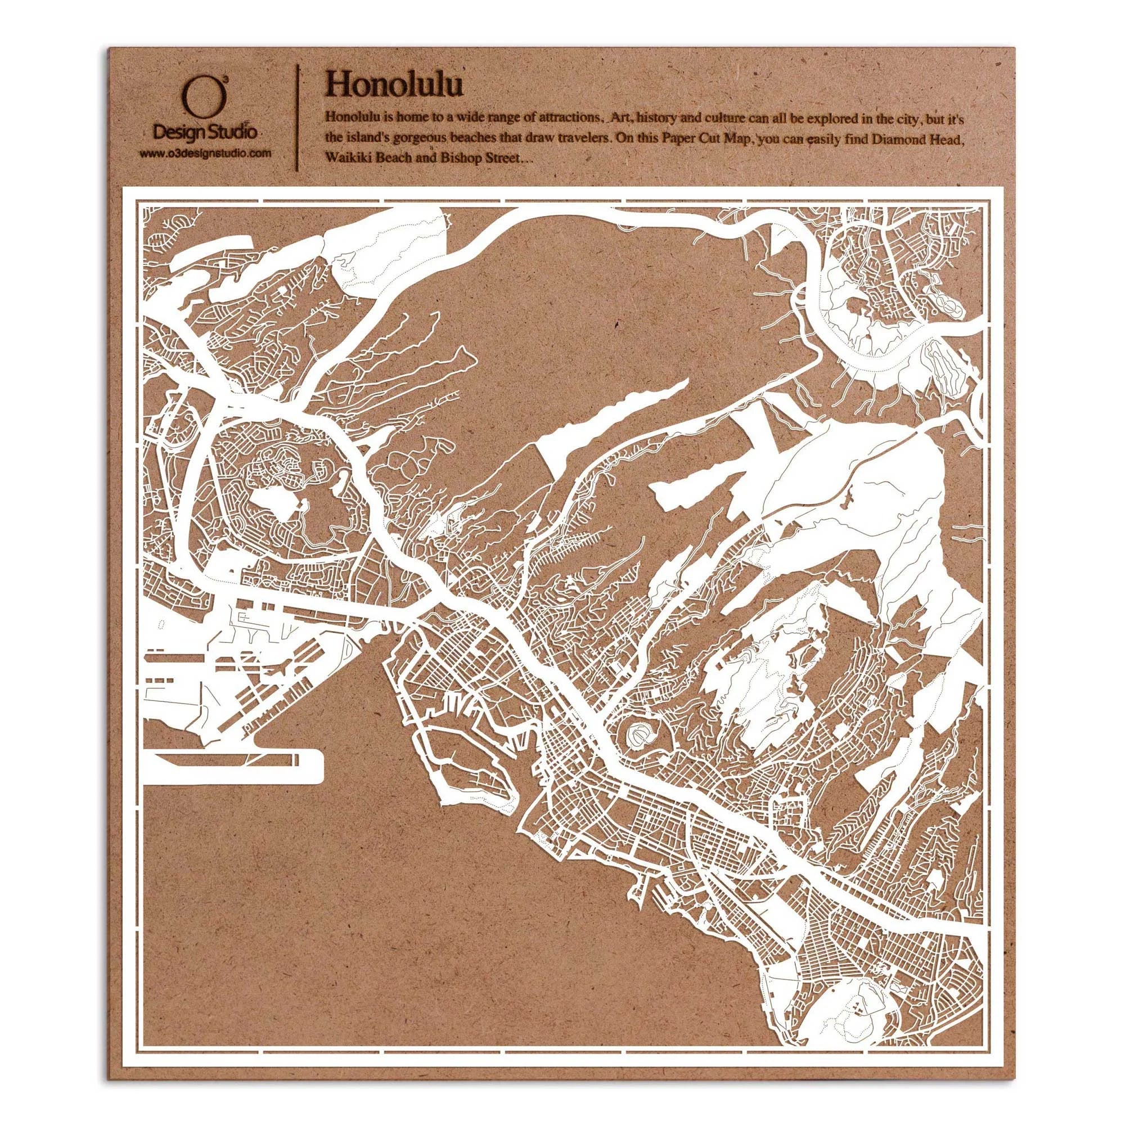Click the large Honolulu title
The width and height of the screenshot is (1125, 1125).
(x=395, y=85)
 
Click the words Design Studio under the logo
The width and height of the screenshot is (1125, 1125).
(x=204, y=133)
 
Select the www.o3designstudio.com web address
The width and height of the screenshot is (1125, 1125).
(x=205, y=154)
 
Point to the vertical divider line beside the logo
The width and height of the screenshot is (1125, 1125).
(x=298, y=119)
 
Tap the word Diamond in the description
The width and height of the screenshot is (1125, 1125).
(x=894, y=139)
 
